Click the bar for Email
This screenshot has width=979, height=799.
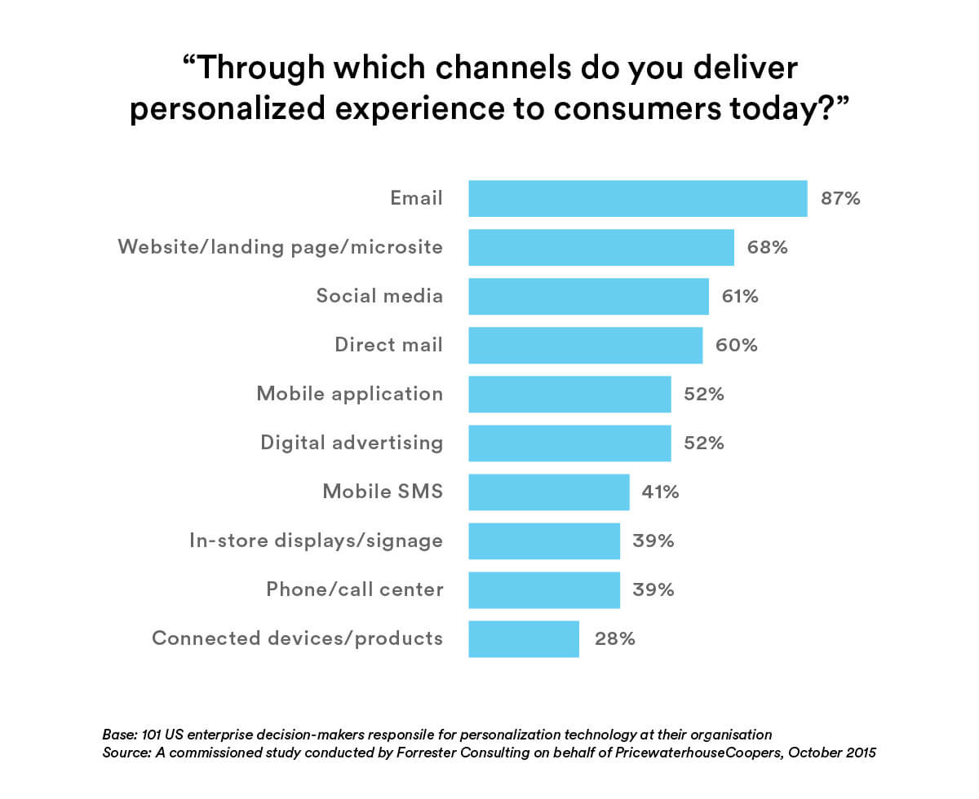point(637,198)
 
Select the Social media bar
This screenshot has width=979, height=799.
point(588,296)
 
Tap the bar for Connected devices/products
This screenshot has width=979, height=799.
point(524,638)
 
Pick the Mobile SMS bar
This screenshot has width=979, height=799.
point(548,492)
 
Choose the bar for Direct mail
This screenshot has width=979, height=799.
point(585,345)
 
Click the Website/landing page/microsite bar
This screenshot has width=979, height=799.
point(600,247)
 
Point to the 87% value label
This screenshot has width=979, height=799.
point(840,198)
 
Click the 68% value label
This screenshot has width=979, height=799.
point(767,247)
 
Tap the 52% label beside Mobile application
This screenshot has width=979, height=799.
point(703,394)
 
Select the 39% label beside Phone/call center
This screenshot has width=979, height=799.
point(653,589)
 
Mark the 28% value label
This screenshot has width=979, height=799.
point(614,638)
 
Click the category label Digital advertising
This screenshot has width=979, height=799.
point(352,443)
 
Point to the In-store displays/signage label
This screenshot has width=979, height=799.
point(316,541)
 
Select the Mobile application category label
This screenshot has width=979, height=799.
point(349,394)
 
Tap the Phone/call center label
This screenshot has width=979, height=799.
point(354,589)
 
